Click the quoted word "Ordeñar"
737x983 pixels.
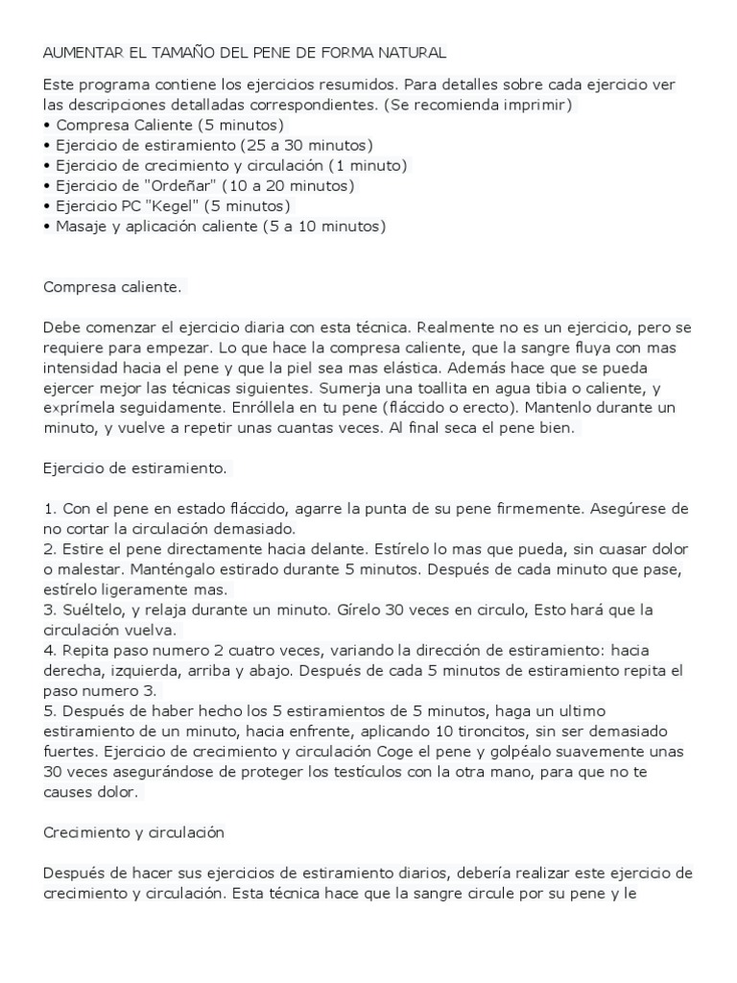(178, 185)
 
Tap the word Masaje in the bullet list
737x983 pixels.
(81, 226)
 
